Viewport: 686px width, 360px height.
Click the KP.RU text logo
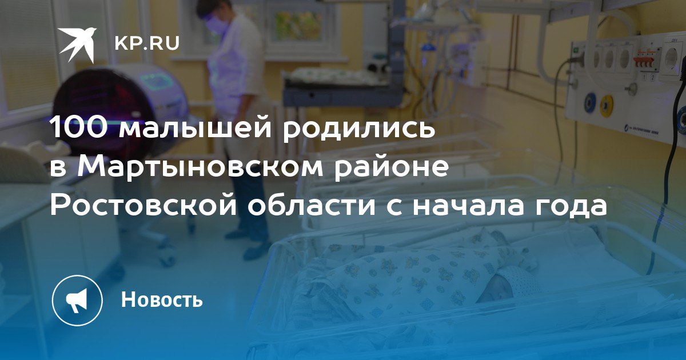pos(147,44)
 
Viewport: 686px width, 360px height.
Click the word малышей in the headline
pos(196,128)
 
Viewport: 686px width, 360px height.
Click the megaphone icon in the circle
pos(77,300)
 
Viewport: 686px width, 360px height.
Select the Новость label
pos(162,299)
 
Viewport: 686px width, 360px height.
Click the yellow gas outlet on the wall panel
pos(607,106)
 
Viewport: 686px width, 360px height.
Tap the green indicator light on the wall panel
pos(576,49)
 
